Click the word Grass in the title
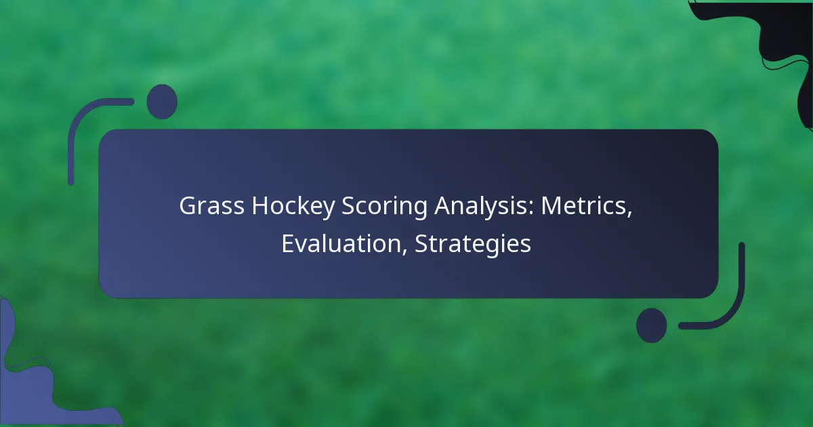point(211,206)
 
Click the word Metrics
point(583,206)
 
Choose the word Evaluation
point(341,243)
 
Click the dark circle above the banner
point(162,102)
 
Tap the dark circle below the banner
point(652,325)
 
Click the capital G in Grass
point(188,206)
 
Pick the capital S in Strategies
point(422,243)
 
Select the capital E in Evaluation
point(289,243)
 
